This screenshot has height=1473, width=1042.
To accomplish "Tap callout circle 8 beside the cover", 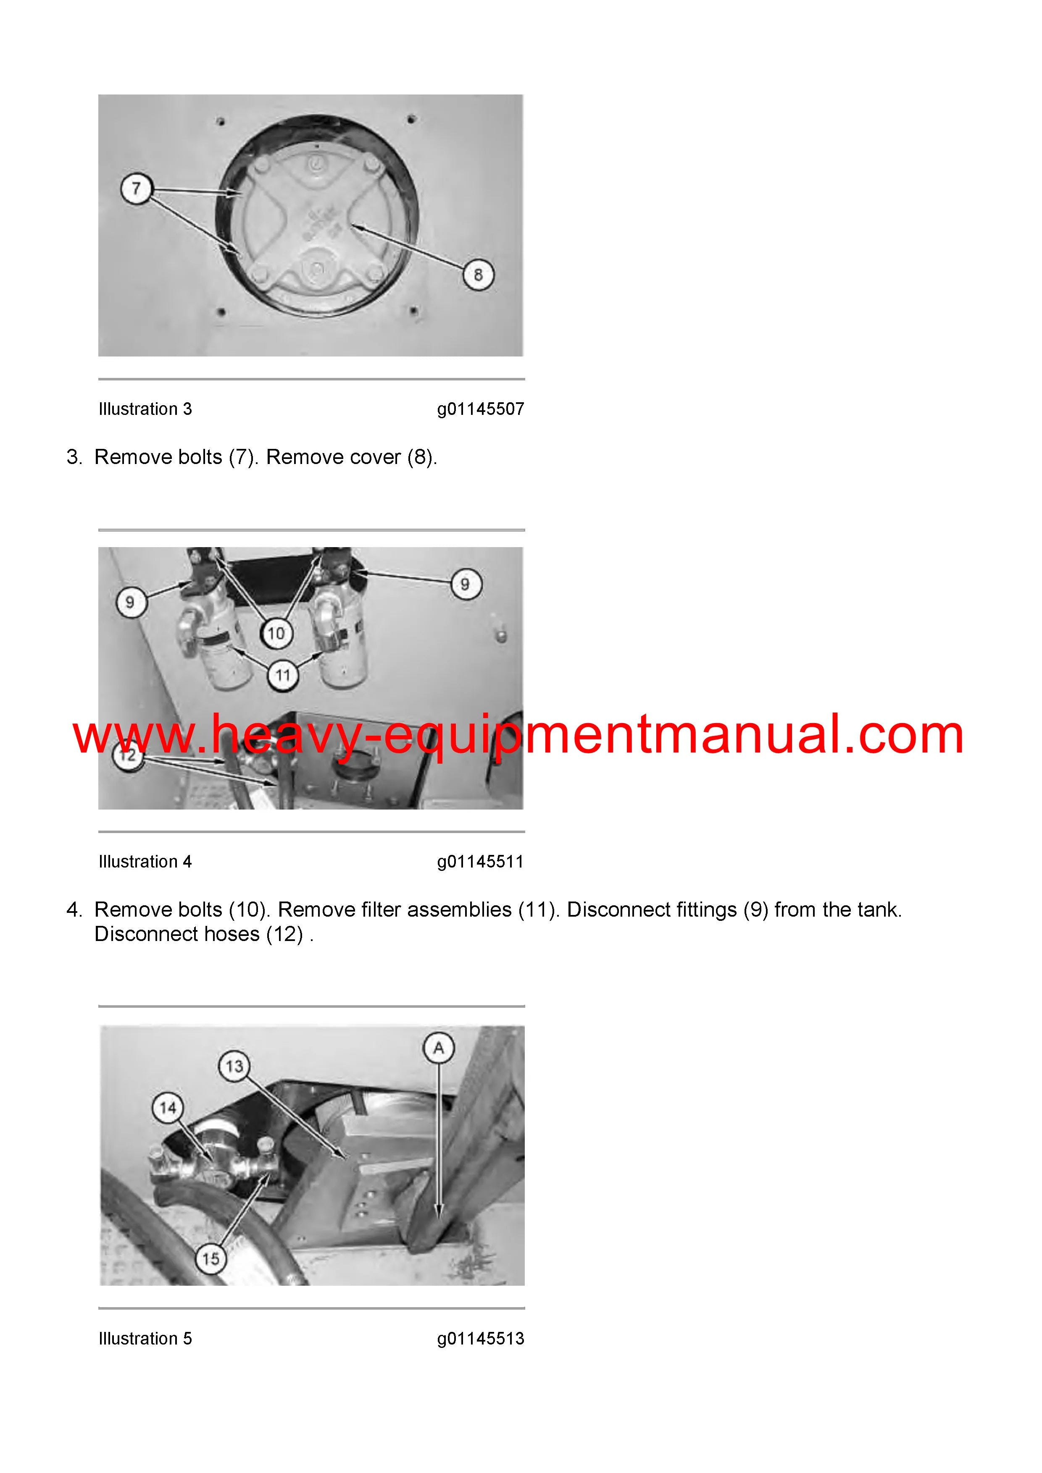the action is (478, 275).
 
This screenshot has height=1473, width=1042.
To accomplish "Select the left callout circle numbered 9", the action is (130, 603).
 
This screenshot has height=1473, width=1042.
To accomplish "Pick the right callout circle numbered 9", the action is (466, 584).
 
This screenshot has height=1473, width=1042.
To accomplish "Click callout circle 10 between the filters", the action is (276, 633).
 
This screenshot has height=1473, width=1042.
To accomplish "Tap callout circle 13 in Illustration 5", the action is (234, 1066).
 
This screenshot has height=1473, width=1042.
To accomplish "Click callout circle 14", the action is (168, 1108).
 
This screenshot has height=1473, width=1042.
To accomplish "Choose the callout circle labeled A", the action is (439, 1048).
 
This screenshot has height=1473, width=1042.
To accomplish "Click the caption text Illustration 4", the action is (145, 862).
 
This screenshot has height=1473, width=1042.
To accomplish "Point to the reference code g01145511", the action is (481, 862).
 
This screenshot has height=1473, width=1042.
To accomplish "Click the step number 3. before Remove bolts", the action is (74, 457).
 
